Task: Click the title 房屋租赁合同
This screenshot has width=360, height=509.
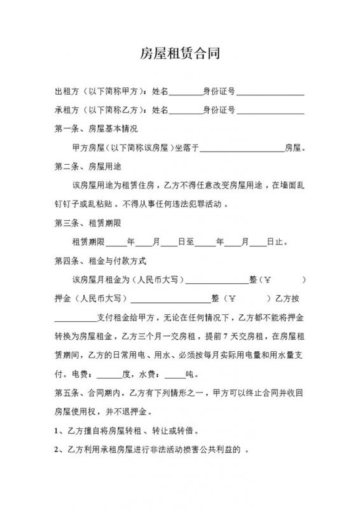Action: (x=180, y=53)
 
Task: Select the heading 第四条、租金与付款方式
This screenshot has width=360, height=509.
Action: (x=100, y=261)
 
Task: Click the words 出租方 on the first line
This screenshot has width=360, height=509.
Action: (x=66, y=92)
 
